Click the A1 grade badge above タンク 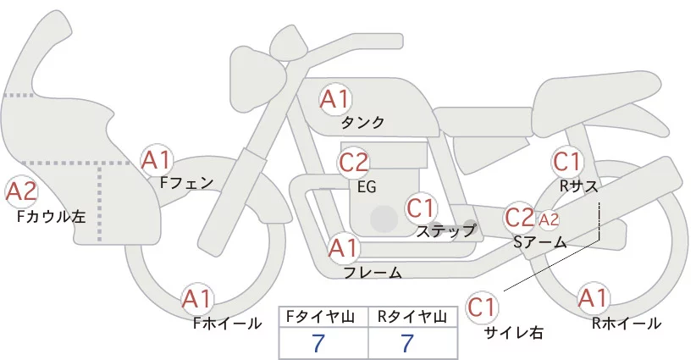tap(334, 99)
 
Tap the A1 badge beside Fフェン tap(157, 159)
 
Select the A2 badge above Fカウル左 tap(22, 192)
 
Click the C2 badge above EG tap(354, 161)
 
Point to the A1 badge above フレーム tap(344, 249)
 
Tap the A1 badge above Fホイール tap(198, 299)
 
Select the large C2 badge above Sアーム tap(519, 217)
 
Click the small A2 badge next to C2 tap(549, 219)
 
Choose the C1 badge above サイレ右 tap(483, 306)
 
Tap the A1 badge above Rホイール tap(592, 298)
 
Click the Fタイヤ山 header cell tap(323, 316)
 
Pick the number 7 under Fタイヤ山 tap(318, 343)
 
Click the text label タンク tap(362, 122)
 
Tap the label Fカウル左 tap(51, 216)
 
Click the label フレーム tap(373, 272)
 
